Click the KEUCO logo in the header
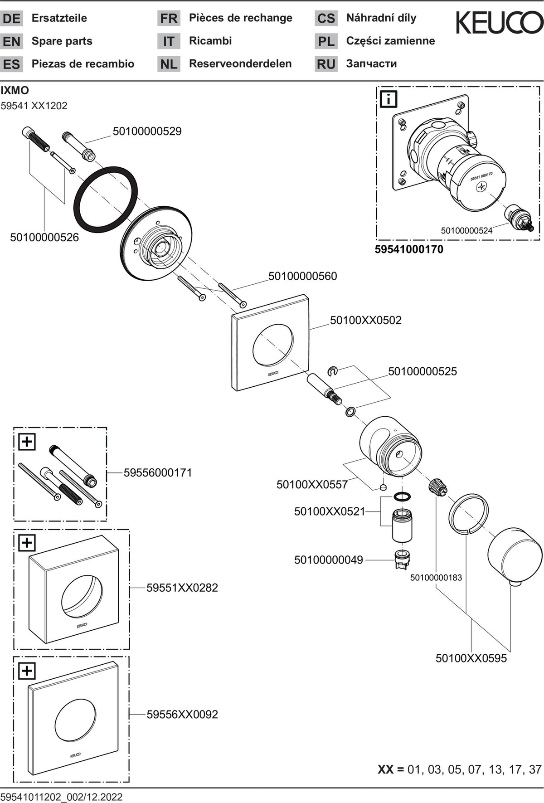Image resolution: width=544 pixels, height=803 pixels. click(x=499, y=23)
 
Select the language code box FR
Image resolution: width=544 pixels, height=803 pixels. click(x=169, y=19)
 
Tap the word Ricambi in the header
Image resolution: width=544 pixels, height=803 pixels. click(x=210, y=41)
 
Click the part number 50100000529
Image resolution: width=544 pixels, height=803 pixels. click(x=147, y=131)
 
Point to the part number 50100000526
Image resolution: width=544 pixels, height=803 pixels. click(x=44, y=237)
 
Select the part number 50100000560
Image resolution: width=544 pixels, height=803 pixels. click(x=303, y=276)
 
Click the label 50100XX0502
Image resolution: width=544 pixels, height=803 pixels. click(x=366, y=320)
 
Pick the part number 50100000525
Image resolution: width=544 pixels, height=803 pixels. click(x=423, y=371)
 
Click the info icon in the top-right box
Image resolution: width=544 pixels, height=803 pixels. click(x=389, y=99)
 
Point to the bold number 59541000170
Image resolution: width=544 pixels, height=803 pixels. click(x=409, y=249)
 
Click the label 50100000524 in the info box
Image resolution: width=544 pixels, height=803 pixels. click(x=466, y=230)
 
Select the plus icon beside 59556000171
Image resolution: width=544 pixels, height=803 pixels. click(x=27, y=441)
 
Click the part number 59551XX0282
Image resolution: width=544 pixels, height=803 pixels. click(x=182, y=588)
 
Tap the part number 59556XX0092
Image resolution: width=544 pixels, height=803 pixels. click(x=182, y=715)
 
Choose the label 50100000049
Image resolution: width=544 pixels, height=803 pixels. click(x=329, y=560)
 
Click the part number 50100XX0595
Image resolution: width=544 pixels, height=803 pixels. click(x=471, y=658)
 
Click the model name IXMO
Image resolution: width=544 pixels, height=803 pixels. click(x=15, y=90)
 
